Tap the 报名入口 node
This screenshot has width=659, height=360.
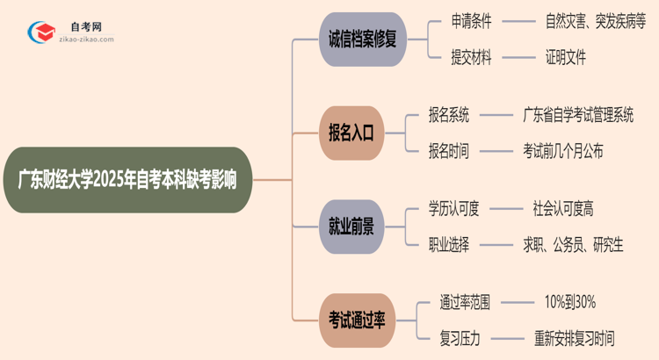pyautogui.click(x=351, y=133)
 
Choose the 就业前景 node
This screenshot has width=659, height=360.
pyautogui.click(x=351, y=227)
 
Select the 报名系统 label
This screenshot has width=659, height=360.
pyautogui.click(x=448, y=114)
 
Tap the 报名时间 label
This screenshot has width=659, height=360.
pyautogui.click(x=448, y=151)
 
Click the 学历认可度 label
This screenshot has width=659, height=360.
pyautogui.click(x=454, y=208)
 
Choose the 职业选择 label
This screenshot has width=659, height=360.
pyautogui.click(x=448, y=245)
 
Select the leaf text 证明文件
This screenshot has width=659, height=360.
pyautogui.click(x=565, y=57)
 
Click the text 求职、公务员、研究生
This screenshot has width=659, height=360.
pyautogui.click(x=573, y=245)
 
